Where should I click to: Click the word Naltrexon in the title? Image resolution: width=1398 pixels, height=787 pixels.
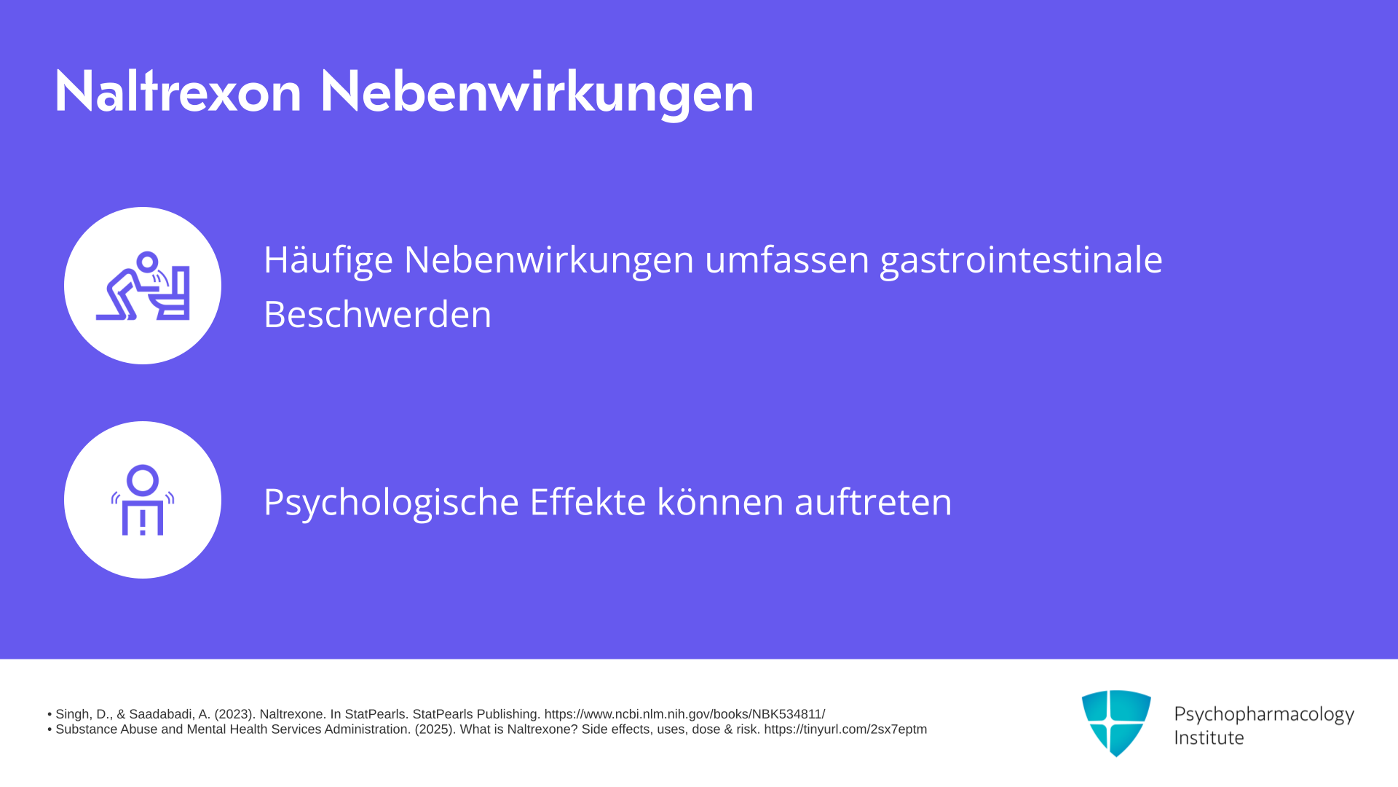tap(178, 91)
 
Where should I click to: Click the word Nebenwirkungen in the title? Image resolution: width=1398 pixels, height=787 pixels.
tap(537, 93)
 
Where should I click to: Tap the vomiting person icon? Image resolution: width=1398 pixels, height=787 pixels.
tap(143, 286)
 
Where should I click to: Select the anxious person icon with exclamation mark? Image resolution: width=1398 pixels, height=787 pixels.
tap(143, 500)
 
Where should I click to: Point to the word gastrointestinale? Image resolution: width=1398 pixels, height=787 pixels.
tap(1021, 260)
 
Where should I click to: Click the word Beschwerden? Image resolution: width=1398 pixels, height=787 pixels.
tap(377, 314)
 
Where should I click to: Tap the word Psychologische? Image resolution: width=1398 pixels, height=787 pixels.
tap(391, 503)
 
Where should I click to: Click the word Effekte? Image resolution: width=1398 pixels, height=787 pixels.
tap(588, 501)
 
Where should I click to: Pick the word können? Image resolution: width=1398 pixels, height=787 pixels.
tap(720, 501)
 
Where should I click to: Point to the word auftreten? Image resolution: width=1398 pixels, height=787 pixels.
tap(873, 501)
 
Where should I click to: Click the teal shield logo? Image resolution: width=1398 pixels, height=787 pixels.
tap(1116, 723)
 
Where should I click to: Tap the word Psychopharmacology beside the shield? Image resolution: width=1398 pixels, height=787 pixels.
tap(1264, 715)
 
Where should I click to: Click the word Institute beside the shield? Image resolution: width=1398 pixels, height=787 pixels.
tap(1209, 737)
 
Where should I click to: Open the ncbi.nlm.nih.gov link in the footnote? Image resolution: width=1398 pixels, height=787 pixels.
tap(684, 714)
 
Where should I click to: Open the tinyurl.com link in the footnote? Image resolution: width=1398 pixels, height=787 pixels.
tap(845, 729)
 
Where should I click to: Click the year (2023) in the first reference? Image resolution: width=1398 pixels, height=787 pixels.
tap(233, 714)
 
